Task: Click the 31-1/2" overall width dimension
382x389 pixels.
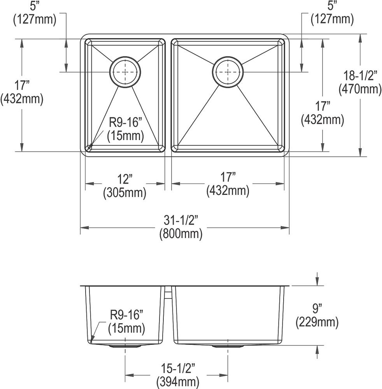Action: pos(181,220)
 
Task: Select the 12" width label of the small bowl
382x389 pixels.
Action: pos(124,179)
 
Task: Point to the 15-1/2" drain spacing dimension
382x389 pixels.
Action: pos(178,368)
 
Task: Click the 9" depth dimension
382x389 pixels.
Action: pos(317,308)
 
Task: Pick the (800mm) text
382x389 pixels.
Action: pos(181,234)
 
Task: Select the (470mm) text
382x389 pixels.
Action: pos(360,89)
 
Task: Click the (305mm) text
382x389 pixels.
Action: pos(124,193)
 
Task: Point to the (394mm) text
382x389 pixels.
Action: pos(178,382)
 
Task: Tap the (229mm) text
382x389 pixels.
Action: pos(317,322)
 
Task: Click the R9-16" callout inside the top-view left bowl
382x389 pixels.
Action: pos(126,122)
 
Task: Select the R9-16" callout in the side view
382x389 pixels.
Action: pos(126,315)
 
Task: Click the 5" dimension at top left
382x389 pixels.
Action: pos(35,6)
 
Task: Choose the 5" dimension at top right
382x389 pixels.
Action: pos(332,6)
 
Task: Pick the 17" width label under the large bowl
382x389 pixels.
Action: pos(228,177)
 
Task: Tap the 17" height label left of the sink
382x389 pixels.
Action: pos(22,85)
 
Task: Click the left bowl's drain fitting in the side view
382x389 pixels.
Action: pos(125,345)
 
